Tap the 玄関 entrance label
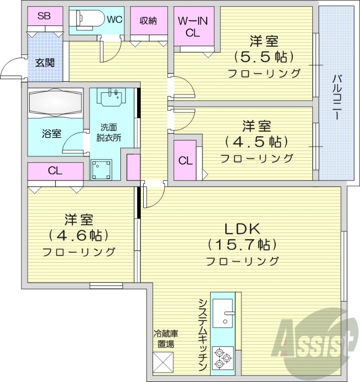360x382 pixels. pyautogui.click(x=45, y=63)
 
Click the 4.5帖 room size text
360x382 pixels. pyautogui.click(x=256, y=142)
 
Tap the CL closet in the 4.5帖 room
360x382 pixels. pyautogui.click(x=186, y=160)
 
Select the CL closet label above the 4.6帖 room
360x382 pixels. pyautogui.click(x=55, y=171)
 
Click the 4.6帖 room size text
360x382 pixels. pyautogui.click(x=79, y=235)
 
